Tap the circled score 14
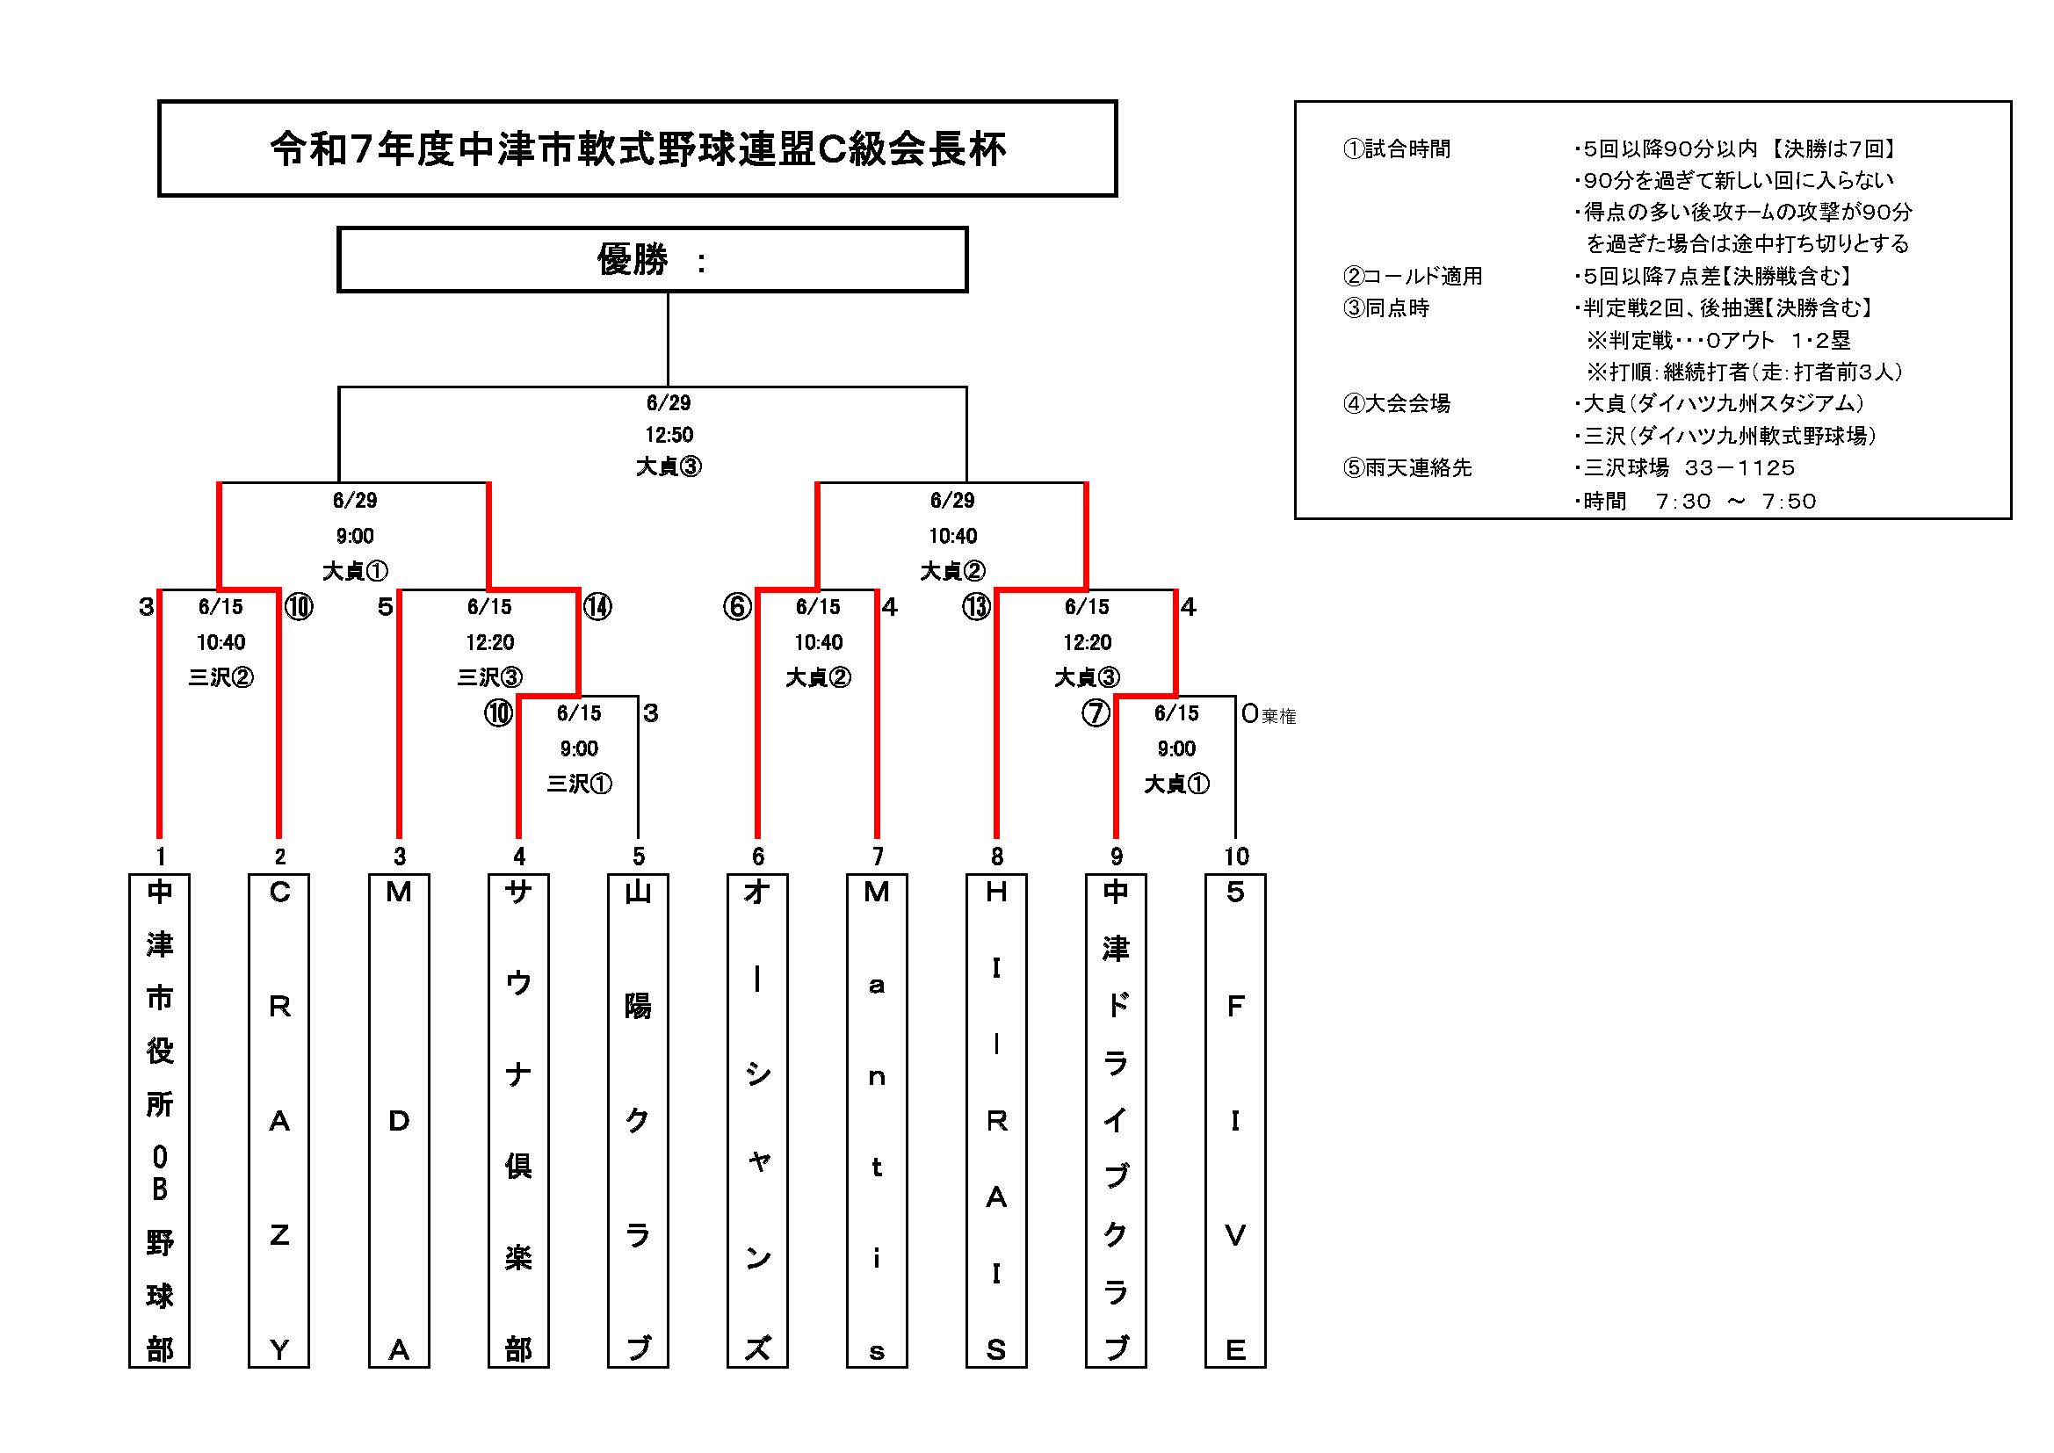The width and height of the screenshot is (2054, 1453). tap(597, 608)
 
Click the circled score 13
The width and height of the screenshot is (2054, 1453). tap(976, 608)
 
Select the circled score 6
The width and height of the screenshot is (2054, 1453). tap(737, 608)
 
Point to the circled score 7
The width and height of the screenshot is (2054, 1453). tap(1096, 713)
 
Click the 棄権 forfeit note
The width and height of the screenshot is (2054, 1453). tap(1279, 716)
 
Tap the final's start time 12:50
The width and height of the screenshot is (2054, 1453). tap(669, 435)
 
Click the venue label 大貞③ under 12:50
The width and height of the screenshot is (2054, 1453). tap(669, 466)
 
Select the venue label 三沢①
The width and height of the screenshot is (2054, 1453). tap(580, 784)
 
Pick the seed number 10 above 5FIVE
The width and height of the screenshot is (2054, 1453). tap(1236, 857)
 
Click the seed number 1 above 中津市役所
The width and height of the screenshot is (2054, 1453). tap(161, 857)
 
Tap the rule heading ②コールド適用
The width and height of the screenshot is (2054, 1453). tap(1413, 277)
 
